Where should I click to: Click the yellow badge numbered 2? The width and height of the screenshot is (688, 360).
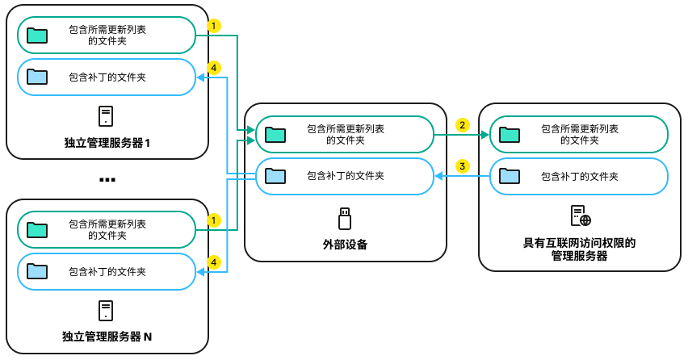pyautogui.click(x=462, y=125)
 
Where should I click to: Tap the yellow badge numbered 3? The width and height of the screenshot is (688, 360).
pyautogui.click(x=462, y=166)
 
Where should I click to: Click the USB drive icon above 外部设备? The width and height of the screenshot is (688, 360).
pyautogui.click(x=345, y=218)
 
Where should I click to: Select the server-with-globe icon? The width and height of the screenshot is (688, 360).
pyautogui.click(x=581, y=216)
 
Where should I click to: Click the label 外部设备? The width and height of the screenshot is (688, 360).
pyautogui.click(x=345, y=244)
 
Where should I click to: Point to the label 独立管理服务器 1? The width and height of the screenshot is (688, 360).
pyautogui.click(x=107, y=143)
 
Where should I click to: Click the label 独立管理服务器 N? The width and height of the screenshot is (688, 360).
pyautogui.click(x=107, y=336)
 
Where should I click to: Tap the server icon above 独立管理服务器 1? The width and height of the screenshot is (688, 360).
pyautogui.click(x=106, y=116)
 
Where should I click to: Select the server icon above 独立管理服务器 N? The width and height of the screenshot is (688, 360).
pyautogui.click(x=106, y=310)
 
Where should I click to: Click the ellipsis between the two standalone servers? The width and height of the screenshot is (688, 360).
pyautogui.click(x=107, y=179)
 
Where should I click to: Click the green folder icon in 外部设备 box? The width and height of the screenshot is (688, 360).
pyautogui.click(x=276, y=134)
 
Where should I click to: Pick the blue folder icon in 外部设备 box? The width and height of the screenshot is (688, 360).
pyautogui.click(x=276, y=175)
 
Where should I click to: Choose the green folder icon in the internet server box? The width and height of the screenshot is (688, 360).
pyautogui.click(x=510, y=134)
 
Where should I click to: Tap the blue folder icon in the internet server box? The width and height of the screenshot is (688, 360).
pyautogui.click(x=510, y=175)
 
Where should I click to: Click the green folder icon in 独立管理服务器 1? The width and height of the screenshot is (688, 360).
pyautogui.click(x=37, y=36)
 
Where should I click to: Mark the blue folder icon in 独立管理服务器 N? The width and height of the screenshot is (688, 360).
pyautogui.click(x=37, y=270)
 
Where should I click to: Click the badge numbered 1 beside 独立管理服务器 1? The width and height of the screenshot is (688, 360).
pyautogui.click(x=213, y=26)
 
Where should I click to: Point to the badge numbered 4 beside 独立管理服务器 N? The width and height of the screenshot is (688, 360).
pyautogui.click(x=213, y=262)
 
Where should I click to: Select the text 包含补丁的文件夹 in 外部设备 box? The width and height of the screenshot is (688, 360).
pyautogui.click(x=345, y=175)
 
